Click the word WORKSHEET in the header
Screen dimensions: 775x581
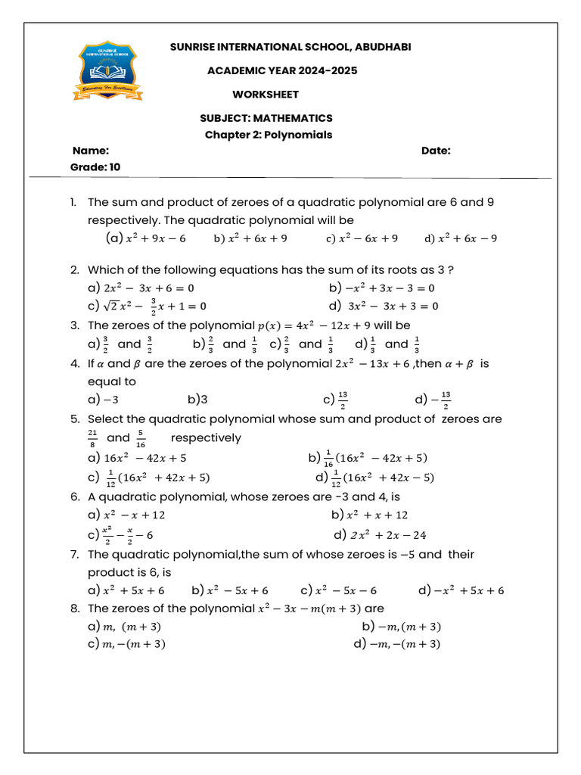265,95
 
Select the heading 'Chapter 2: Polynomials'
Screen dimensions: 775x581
269,135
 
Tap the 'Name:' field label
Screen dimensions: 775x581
91,151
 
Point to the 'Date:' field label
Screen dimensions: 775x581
436,151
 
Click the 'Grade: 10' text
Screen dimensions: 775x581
95,167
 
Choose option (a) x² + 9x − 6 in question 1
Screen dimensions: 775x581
145,238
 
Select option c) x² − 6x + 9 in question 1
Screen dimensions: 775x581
362,238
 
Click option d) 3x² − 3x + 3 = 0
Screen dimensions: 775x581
384,306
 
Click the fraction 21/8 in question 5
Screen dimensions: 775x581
93,438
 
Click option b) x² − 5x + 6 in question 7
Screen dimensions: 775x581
230,590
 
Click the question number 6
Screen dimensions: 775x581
74,497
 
